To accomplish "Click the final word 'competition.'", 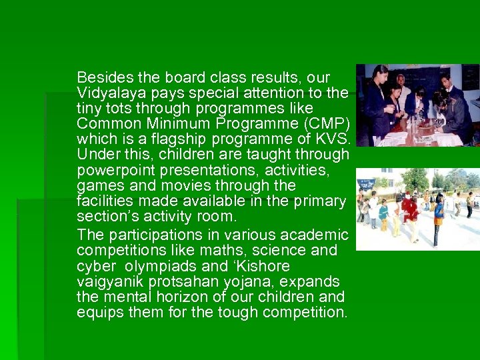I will click(x=311, y=312).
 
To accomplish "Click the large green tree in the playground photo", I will click(x=415, y=179).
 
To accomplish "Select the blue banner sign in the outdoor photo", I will click(x=366, y=183).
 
